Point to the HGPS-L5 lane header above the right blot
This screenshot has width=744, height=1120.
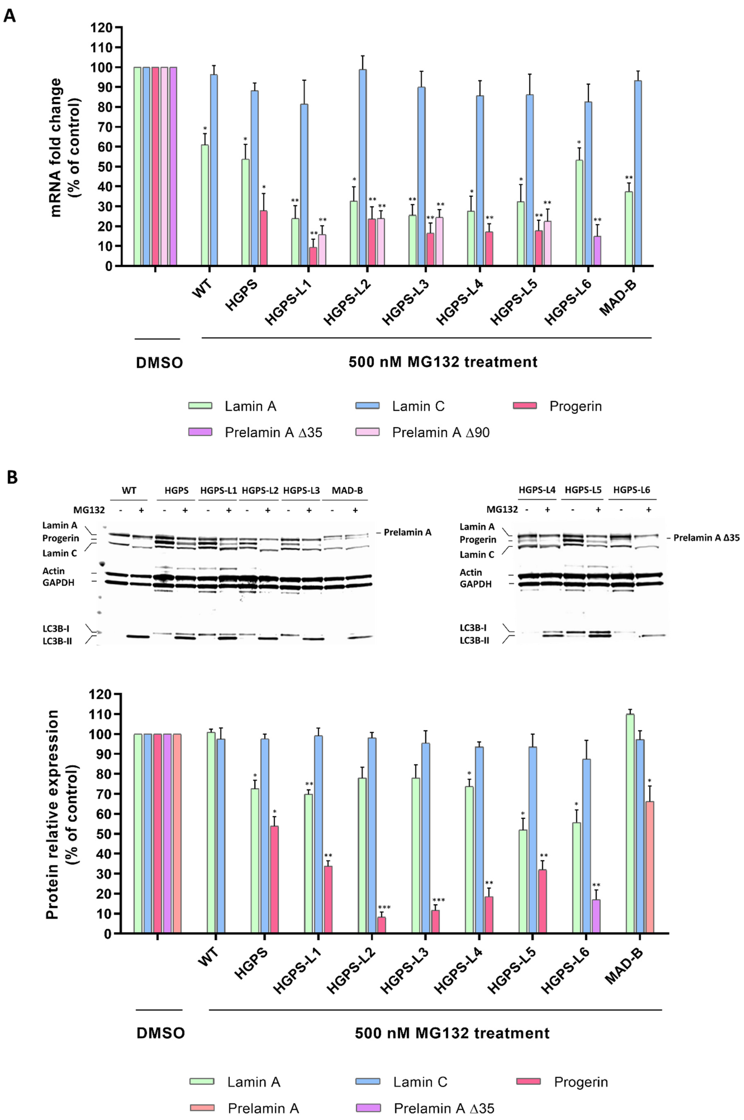click(x=583, y=490)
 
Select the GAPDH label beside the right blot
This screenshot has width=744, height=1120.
click(x=476, y=584)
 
